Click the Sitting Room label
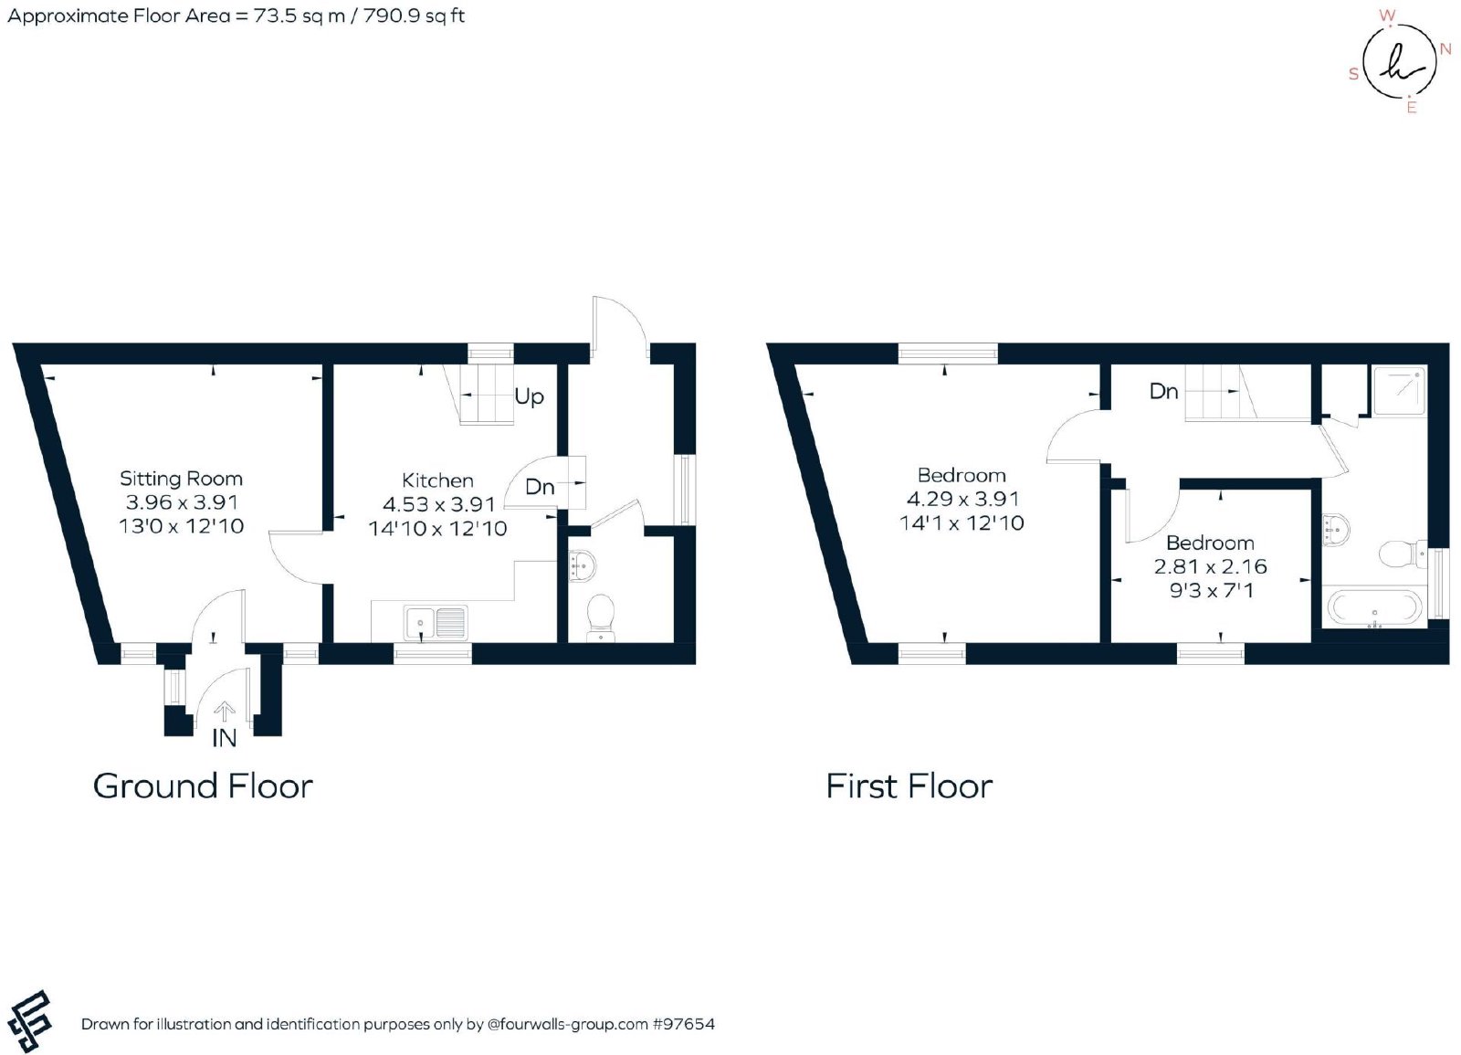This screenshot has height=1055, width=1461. coord(182,479)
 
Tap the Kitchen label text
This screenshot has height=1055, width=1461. coord(437,480)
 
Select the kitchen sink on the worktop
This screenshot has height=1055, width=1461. coord(436,622)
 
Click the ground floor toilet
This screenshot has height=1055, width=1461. coord(600,617)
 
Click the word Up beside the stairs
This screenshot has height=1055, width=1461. coord(529,396)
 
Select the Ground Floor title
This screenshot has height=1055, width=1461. coord(203,786)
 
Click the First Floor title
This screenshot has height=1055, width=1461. coord(909,786)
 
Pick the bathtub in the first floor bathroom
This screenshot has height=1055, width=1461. coord(1373,607)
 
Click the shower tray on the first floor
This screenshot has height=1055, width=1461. coord(1399,391)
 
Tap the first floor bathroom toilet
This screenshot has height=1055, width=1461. coord(1401,554)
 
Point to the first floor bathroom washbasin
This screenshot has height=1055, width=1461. coord(1336,529)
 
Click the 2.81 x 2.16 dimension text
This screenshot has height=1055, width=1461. coord(1211,566)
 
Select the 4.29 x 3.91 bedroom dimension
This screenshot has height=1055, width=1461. coord(962,499)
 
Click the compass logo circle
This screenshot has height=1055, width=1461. coord(1400,59)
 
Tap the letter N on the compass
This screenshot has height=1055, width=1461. coord(1445,49)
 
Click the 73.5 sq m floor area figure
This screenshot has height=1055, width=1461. coord(300,16)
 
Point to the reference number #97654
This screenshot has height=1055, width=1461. coord(684,1024)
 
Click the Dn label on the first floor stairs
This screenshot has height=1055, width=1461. coord(1164,392)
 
